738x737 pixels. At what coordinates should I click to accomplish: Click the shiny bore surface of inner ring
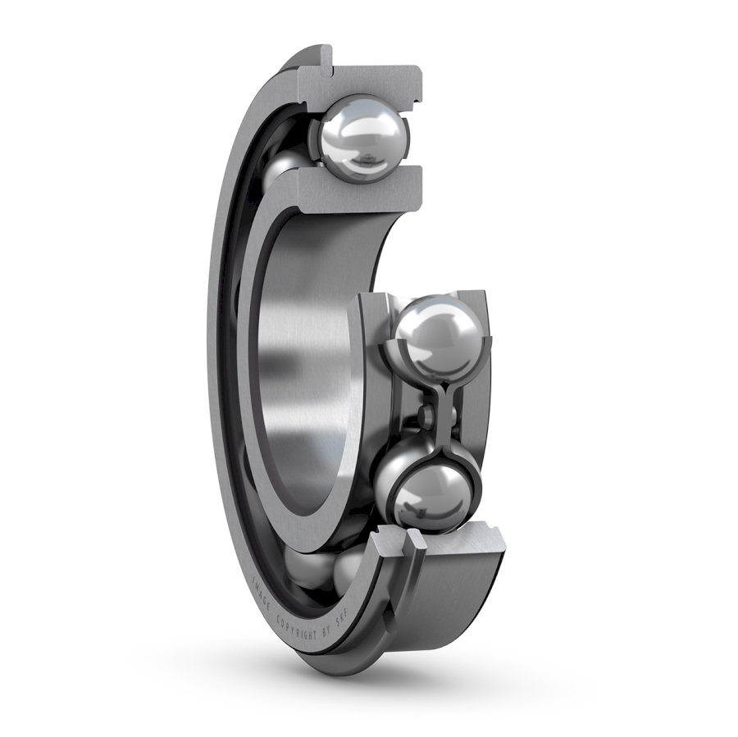pos(303,361)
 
